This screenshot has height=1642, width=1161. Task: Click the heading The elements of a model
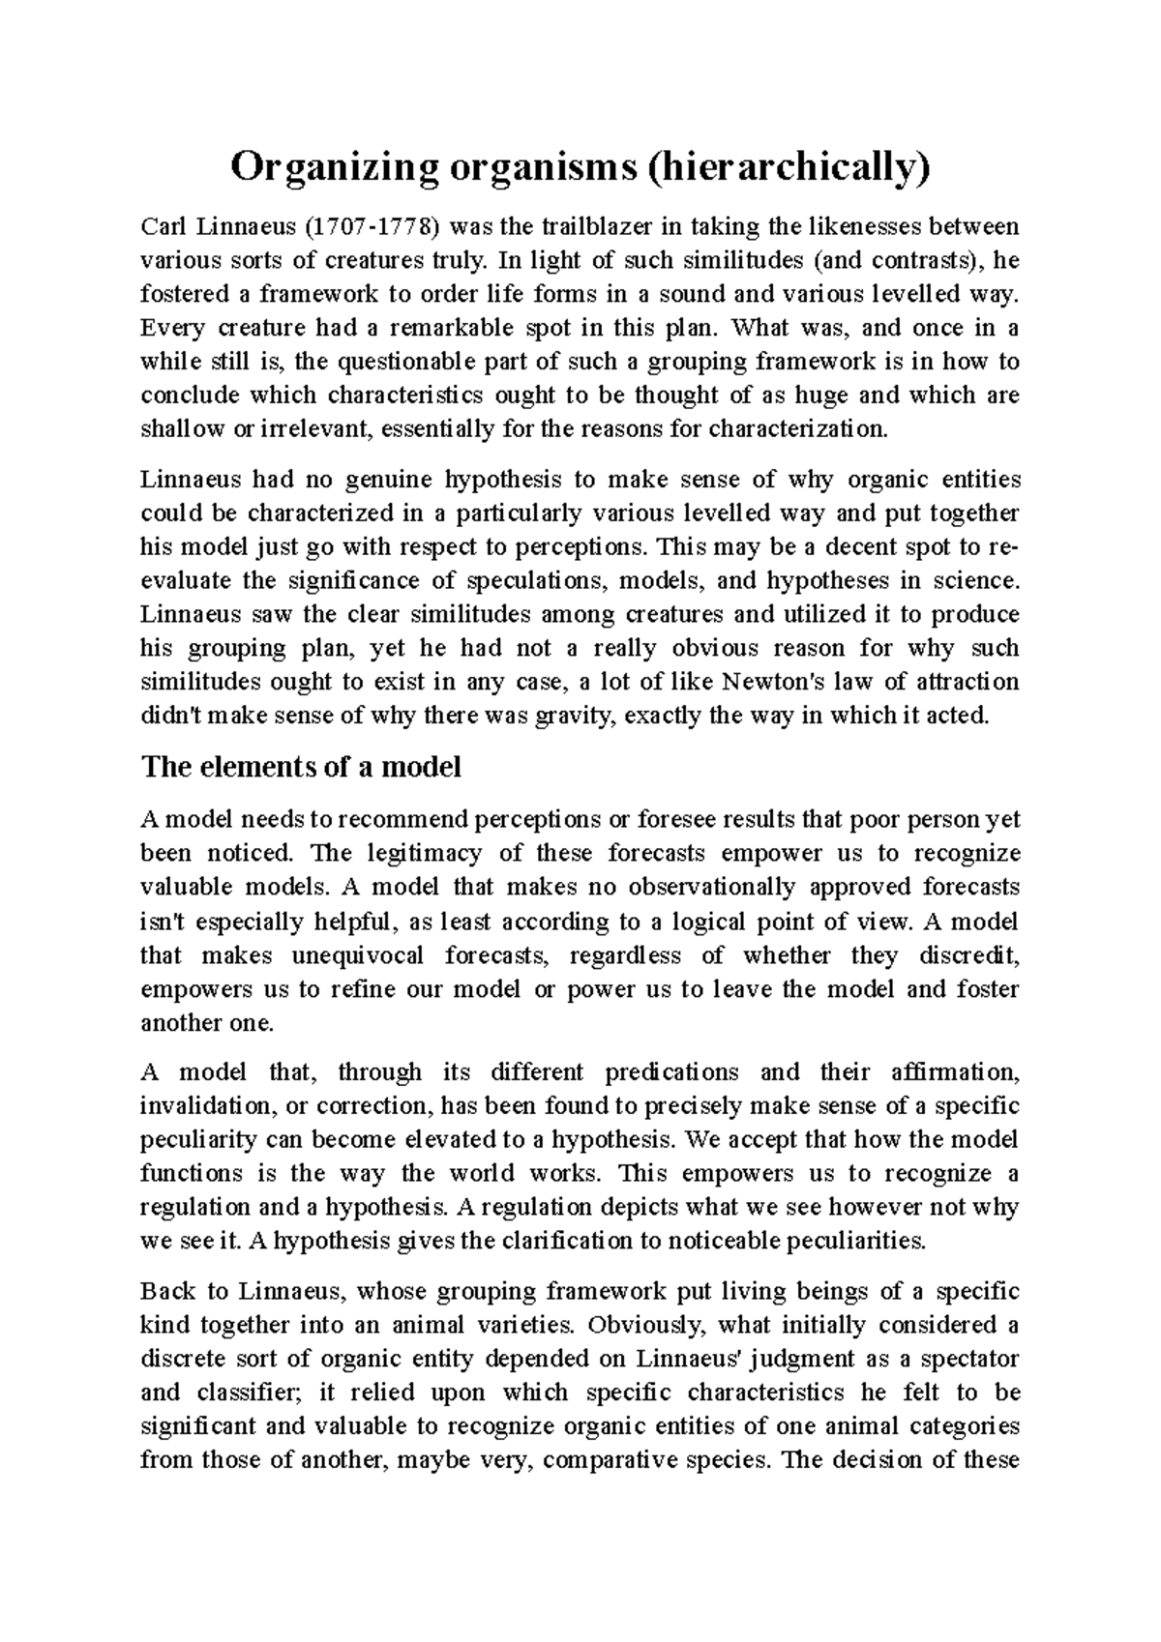(x=301, y=768)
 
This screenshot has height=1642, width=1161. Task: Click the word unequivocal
(x=358, y=956)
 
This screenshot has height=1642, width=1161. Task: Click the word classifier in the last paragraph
(x=250, y=1393)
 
